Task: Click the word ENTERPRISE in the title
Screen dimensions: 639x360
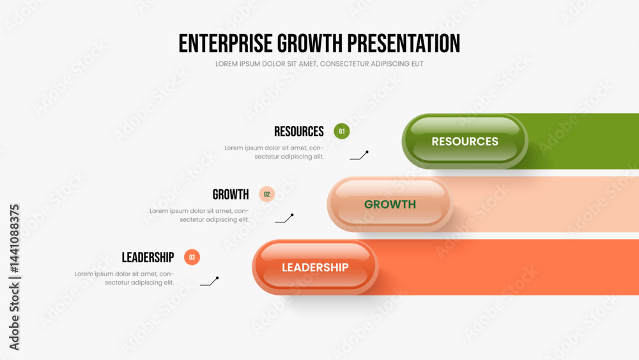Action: click(x=226, y=43)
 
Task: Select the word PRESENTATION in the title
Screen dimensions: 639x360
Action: click(x=403, y=43)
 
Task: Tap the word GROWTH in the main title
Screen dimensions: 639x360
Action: click(x=310, y=43)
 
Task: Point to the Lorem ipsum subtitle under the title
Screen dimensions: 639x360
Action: click(x=319, y=64)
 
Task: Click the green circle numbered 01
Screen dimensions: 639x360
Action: click(x=341, y=131)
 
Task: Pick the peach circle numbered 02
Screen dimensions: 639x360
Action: click(x=267, y=194)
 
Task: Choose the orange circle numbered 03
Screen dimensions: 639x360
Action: click(x=192, y=257)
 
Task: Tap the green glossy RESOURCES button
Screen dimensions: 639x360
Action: click(x=465, y=141)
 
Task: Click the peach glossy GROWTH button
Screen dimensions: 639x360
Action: click(x=390, y=204)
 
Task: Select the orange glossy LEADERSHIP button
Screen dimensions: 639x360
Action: click(x=315, y=267)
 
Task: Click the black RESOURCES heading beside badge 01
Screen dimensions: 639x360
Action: click(x=298, y=132)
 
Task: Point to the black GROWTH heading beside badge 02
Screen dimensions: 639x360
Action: click(x=230, y=194)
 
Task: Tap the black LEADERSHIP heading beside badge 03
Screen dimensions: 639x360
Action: click(x=148, y=258)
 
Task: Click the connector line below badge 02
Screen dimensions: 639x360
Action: click(x=285, y=219)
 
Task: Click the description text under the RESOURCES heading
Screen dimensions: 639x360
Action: click(x=274, y=152)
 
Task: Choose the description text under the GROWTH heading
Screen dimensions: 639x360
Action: click(x=199, y=215)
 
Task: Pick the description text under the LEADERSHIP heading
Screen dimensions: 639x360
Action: click(x=124, y=278)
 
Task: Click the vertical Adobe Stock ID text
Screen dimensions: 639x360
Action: click(x=14, y=278)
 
